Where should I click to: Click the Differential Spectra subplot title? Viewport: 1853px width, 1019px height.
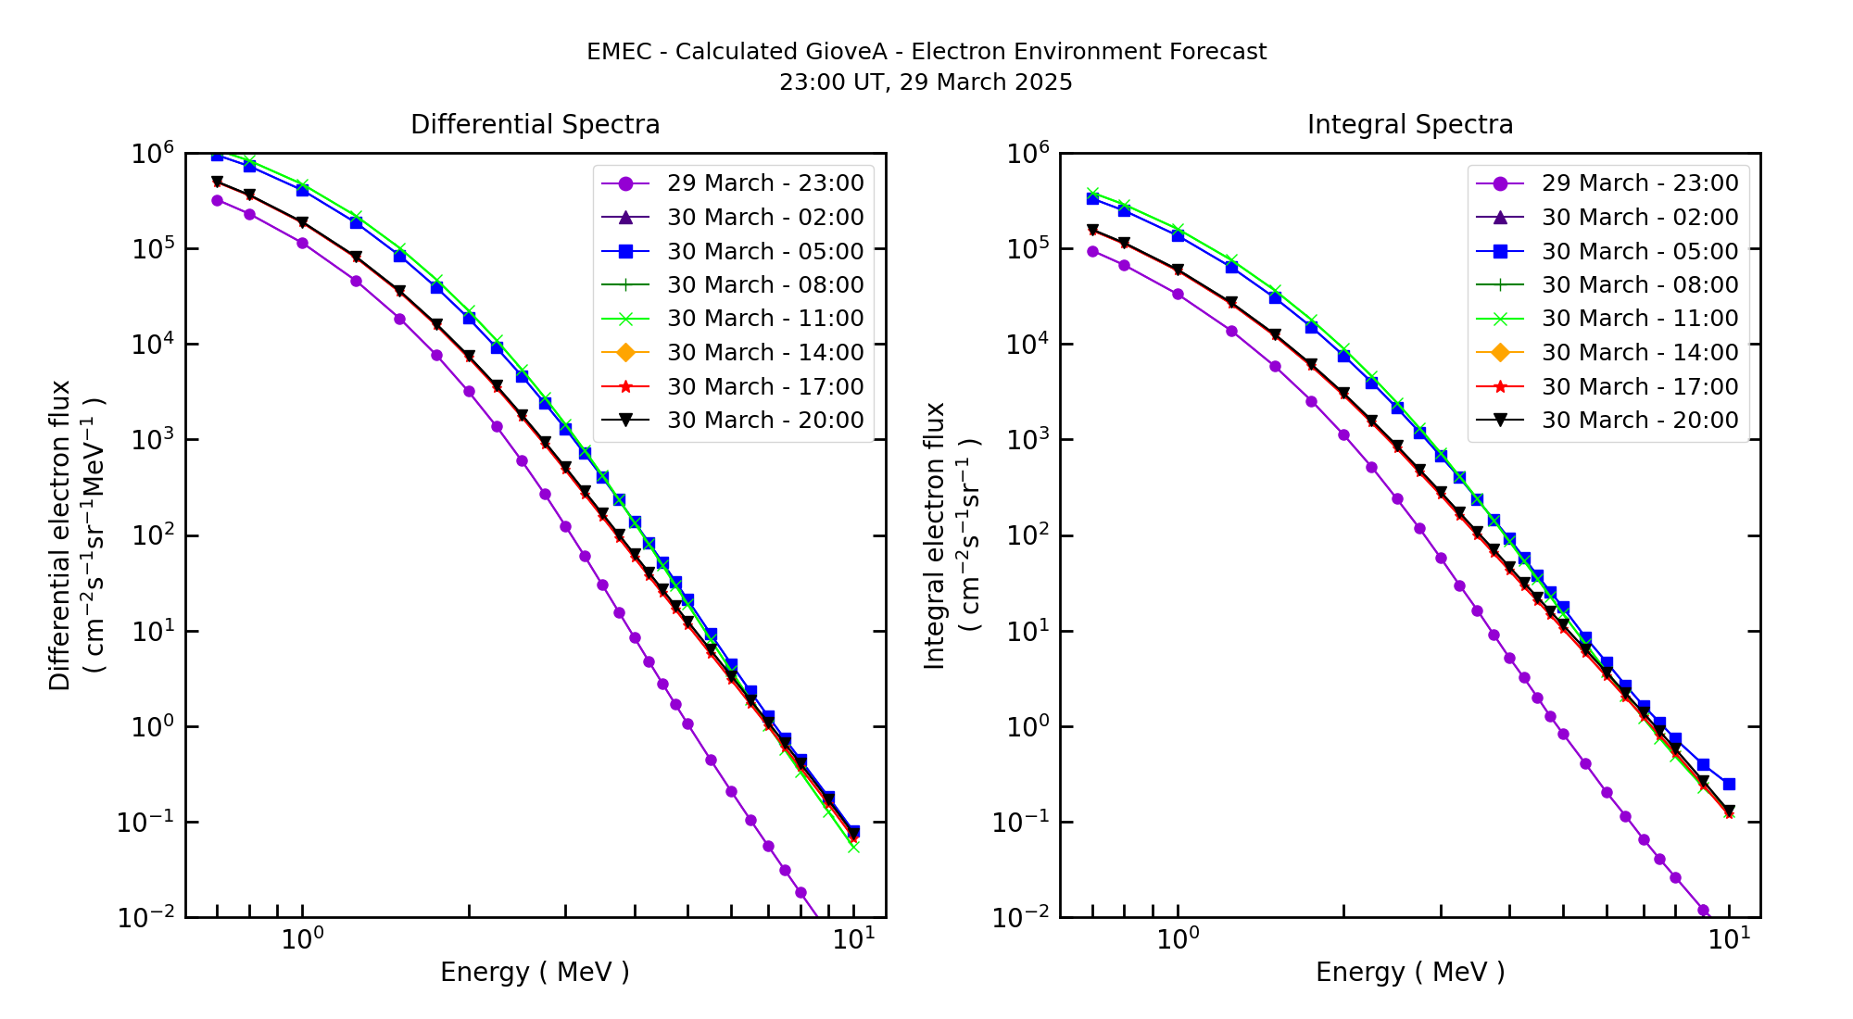[x=535, y=125]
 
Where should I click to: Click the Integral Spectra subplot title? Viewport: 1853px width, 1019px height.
[x=1409, y=125]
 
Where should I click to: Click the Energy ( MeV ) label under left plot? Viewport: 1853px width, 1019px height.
[x=535, y=972]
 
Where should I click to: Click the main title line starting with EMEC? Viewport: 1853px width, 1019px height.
[x=926, y=52]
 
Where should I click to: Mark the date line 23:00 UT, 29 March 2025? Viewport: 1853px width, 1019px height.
[x=926, y=82]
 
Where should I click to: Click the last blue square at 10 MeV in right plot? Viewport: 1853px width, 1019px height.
[x=1729, y=784]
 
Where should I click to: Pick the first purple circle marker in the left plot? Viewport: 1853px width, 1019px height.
[x=217, y=200]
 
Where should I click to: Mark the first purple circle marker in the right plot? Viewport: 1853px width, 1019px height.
[x=1092, y=251]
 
